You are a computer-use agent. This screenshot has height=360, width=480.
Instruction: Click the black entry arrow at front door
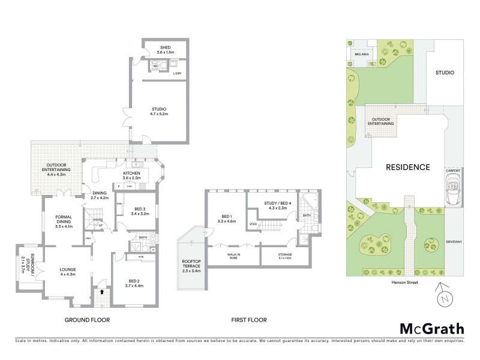(x=101, y=292)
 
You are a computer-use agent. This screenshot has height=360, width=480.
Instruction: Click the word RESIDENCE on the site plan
(x=407, y=167)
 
